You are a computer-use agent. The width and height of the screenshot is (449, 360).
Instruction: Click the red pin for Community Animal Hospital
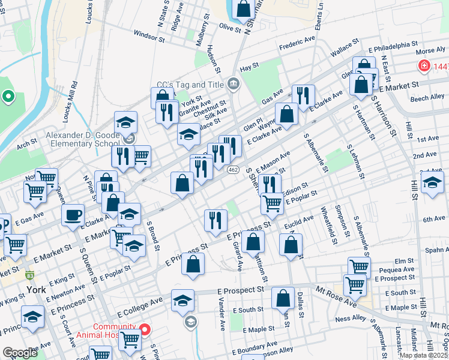[x=145, y=329]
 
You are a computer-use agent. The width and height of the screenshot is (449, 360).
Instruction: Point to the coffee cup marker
[x=73, y=215]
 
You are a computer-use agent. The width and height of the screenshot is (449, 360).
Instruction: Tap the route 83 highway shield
[x=30, y=275]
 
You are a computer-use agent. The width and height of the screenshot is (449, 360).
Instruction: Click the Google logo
[x=20, y=353]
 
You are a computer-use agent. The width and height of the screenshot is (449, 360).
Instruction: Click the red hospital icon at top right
[x=424, y=65]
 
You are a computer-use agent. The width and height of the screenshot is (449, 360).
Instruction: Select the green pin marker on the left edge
[x=8, y=96]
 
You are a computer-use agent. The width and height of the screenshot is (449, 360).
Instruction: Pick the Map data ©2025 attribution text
[x=424, y=355]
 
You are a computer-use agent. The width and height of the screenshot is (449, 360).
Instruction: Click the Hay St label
[x=249, y=66]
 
